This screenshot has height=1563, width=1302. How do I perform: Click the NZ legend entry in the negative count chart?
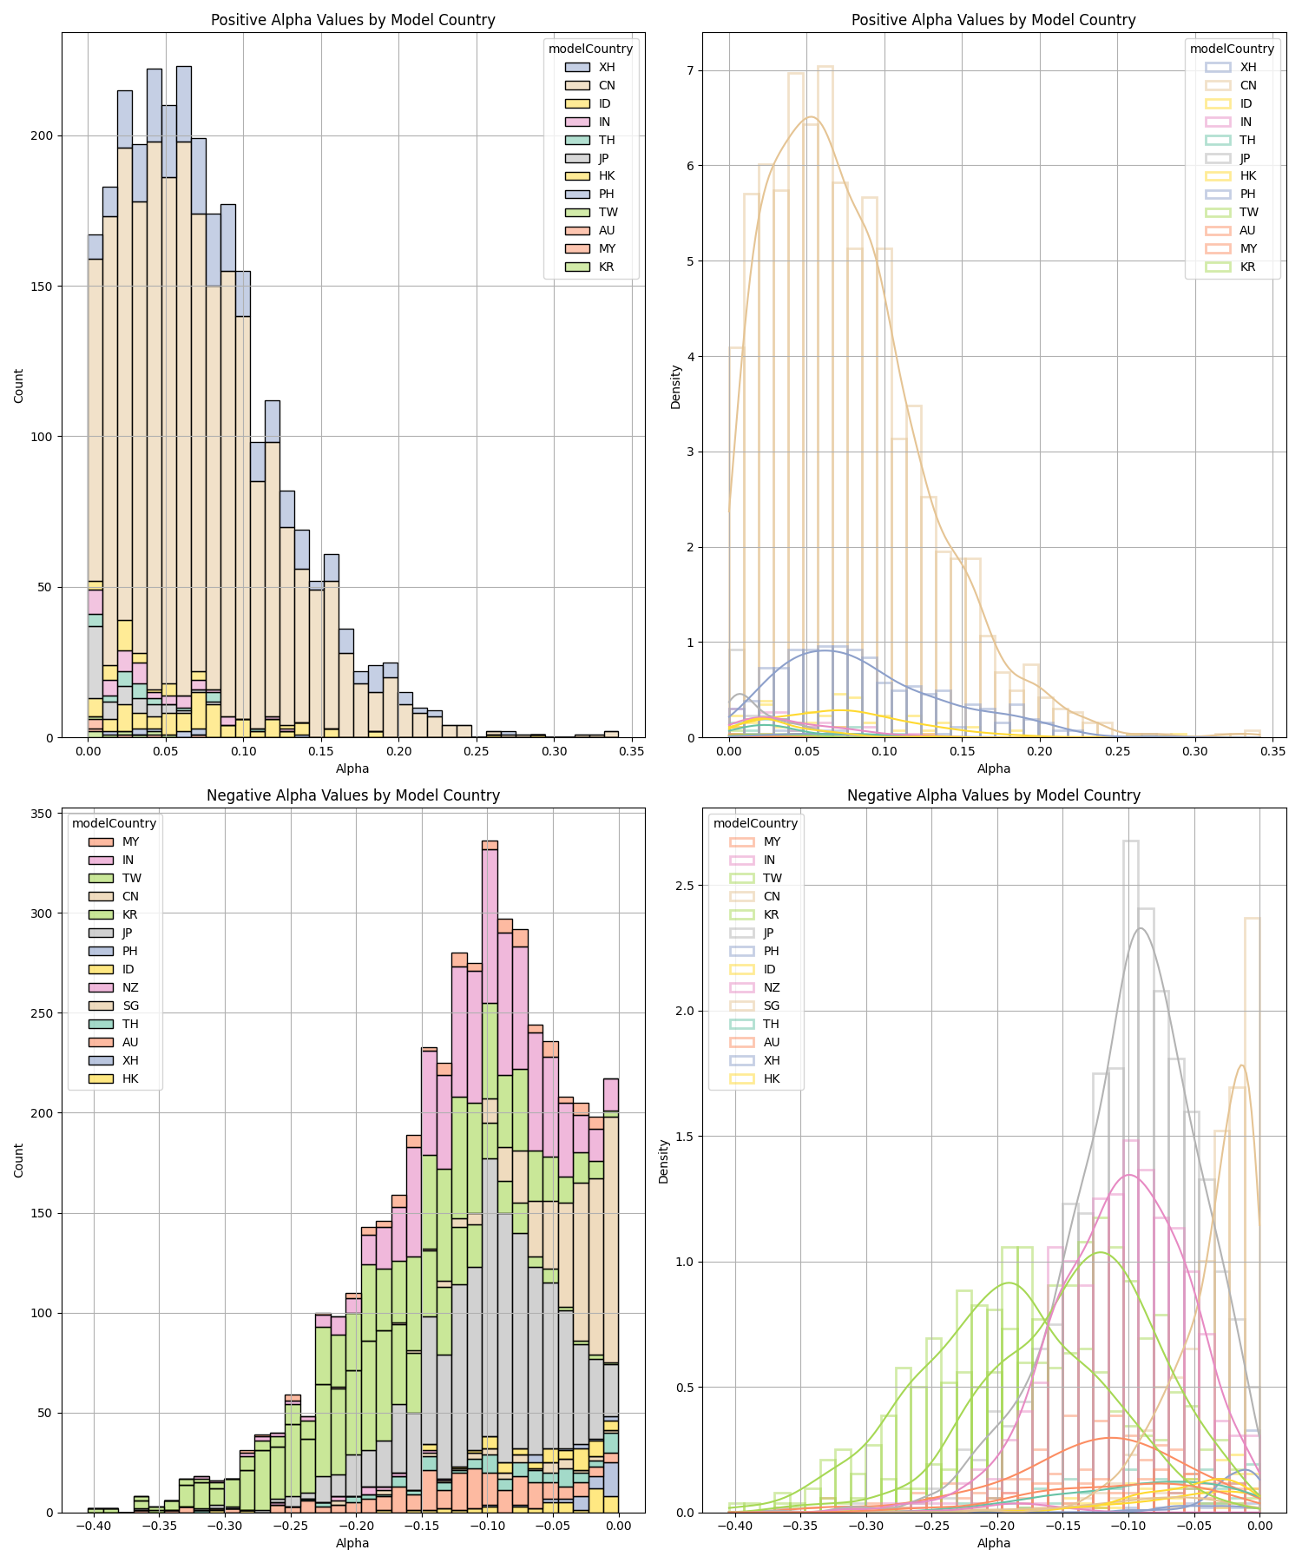(130, 987)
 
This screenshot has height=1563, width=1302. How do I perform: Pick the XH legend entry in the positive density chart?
(1247, 67)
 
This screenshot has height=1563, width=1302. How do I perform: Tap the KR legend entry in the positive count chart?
(606, 267)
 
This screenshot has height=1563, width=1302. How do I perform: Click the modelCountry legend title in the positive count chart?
(590, 49)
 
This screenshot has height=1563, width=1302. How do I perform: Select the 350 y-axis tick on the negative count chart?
(41, 813)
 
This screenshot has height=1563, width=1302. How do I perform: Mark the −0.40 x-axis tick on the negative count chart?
(95, 1525)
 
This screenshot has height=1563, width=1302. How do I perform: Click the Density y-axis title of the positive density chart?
(676, 386)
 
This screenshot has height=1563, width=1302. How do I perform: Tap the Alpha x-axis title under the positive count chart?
(352, 768)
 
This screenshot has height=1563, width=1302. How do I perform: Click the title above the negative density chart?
(993, 795)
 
